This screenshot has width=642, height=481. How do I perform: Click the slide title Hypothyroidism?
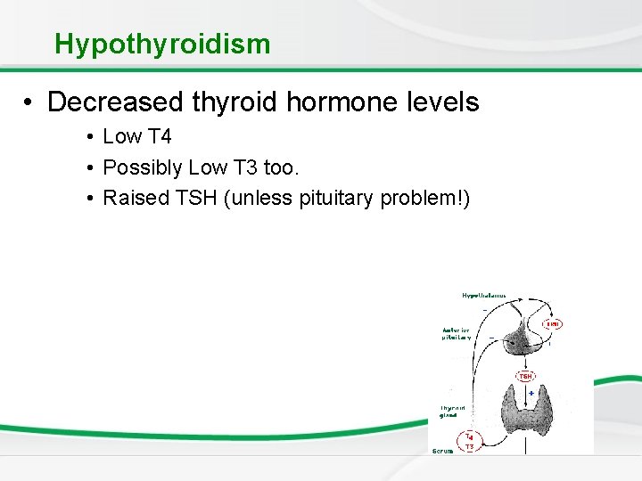point(161,44)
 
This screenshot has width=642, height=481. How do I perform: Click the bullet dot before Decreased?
point(30,102)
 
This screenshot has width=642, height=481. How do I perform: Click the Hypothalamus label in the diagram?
point(483,295)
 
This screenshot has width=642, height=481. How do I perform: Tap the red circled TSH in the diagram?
point(526,376)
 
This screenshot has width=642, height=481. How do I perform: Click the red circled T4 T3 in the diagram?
point(469,441)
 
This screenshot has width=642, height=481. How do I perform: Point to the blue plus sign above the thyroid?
point(531,393)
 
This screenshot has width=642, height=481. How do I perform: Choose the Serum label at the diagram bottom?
point(442,451)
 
